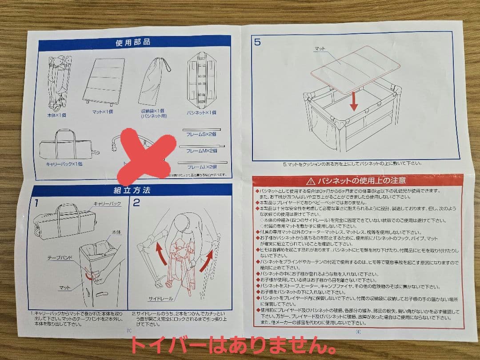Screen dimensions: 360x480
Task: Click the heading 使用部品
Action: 133,43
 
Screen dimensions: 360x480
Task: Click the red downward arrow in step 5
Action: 354,101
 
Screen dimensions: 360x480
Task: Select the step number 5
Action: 258,43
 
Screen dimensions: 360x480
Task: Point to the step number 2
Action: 136,203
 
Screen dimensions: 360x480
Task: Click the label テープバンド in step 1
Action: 60,257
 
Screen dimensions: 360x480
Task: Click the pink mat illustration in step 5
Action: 355,69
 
